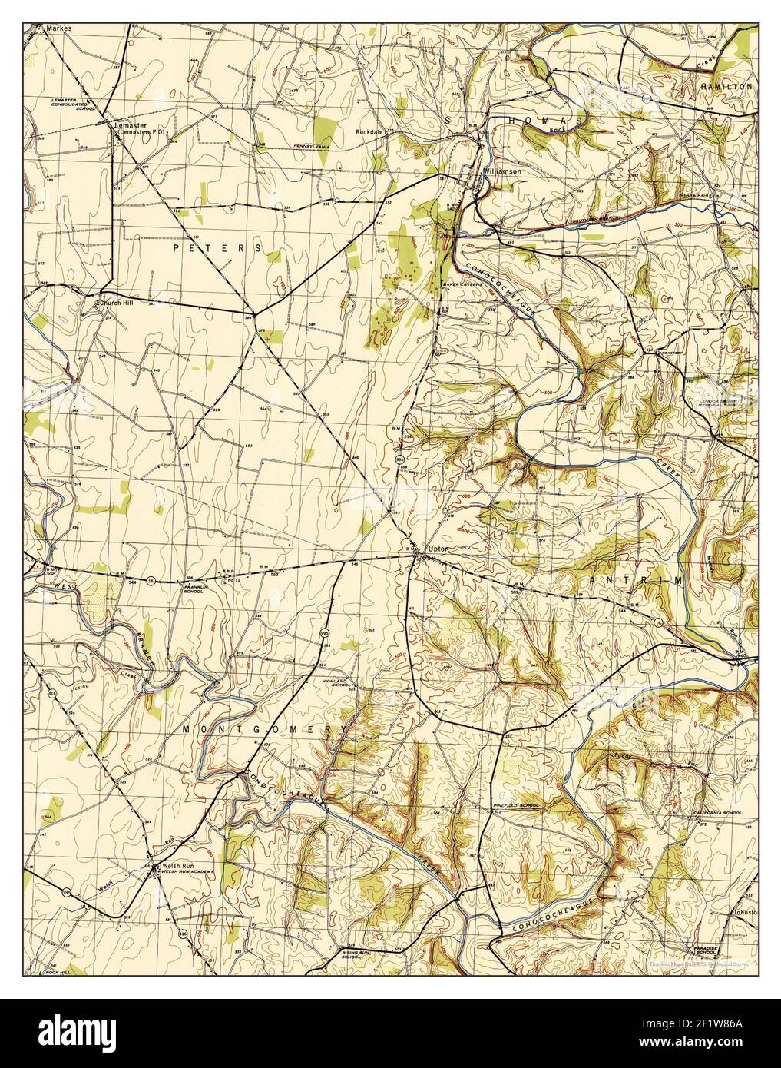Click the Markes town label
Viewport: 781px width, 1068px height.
coord(58,28)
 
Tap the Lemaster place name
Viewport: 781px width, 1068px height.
coord(129,124)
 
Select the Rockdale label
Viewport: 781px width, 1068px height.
coord(369,131)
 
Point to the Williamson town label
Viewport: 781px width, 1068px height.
coord(502,171)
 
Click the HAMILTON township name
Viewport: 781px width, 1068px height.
coord(726,88)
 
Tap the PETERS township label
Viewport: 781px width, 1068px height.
coord(217,248)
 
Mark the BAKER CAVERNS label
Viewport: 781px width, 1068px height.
coord(462,284)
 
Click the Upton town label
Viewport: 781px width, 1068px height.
coord(438,549)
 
